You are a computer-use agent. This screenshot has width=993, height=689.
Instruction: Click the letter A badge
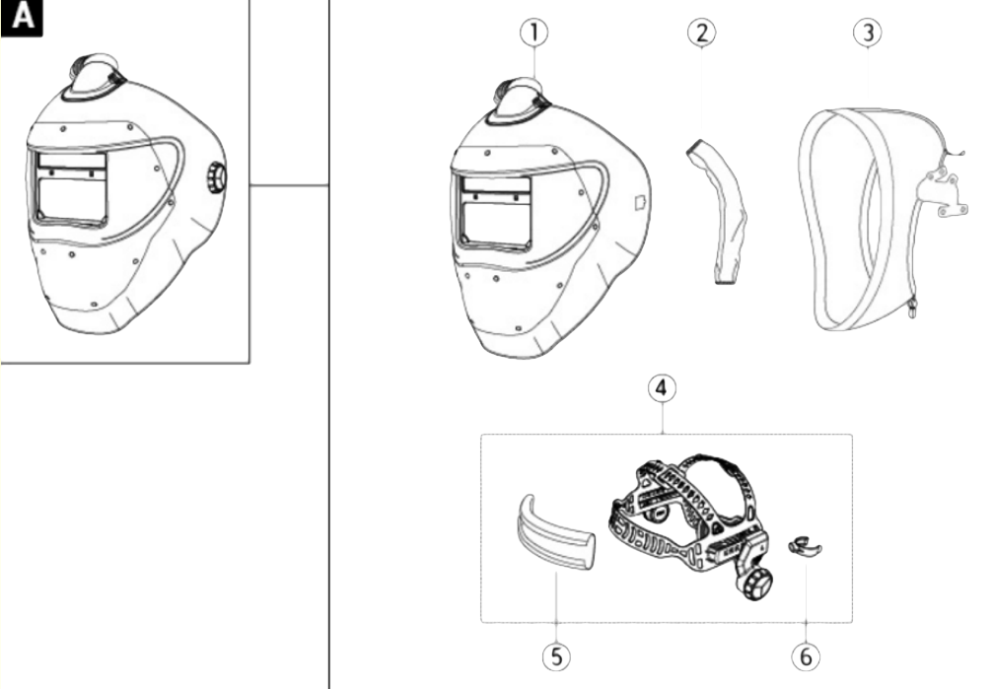pyautogui.click(x=22, y=17)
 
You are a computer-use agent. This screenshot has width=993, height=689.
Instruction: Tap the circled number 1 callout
pyautogui.click(x=533, y=33)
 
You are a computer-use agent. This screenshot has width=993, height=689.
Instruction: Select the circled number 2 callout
pyautogui.click(x=702, y=33)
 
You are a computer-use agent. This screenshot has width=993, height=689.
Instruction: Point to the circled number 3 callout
pyautogui.click(x=868, y=33)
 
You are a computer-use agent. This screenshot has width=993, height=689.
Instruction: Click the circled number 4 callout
pyautogui.click(x=662, y=387)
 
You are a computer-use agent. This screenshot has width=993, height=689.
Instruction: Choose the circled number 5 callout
pyautogui.click(x=556, y=656)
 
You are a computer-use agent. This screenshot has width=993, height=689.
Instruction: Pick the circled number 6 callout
pyautogui.click(x=806, y=656)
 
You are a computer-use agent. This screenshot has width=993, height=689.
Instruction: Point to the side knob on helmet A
pyautogui.click(x=216, y=177)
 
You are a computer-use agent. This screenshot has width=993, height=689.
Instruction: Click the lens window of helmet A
pyautogui.click(x=71, y=187)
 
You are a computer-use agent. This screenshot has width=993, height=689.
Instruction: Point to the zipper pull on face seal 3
pyautogui.click(x=912, y=309)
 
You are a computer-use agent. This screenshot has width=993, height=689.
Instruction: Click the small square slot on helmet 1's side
pyautogui.click(x=640, y=202)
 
